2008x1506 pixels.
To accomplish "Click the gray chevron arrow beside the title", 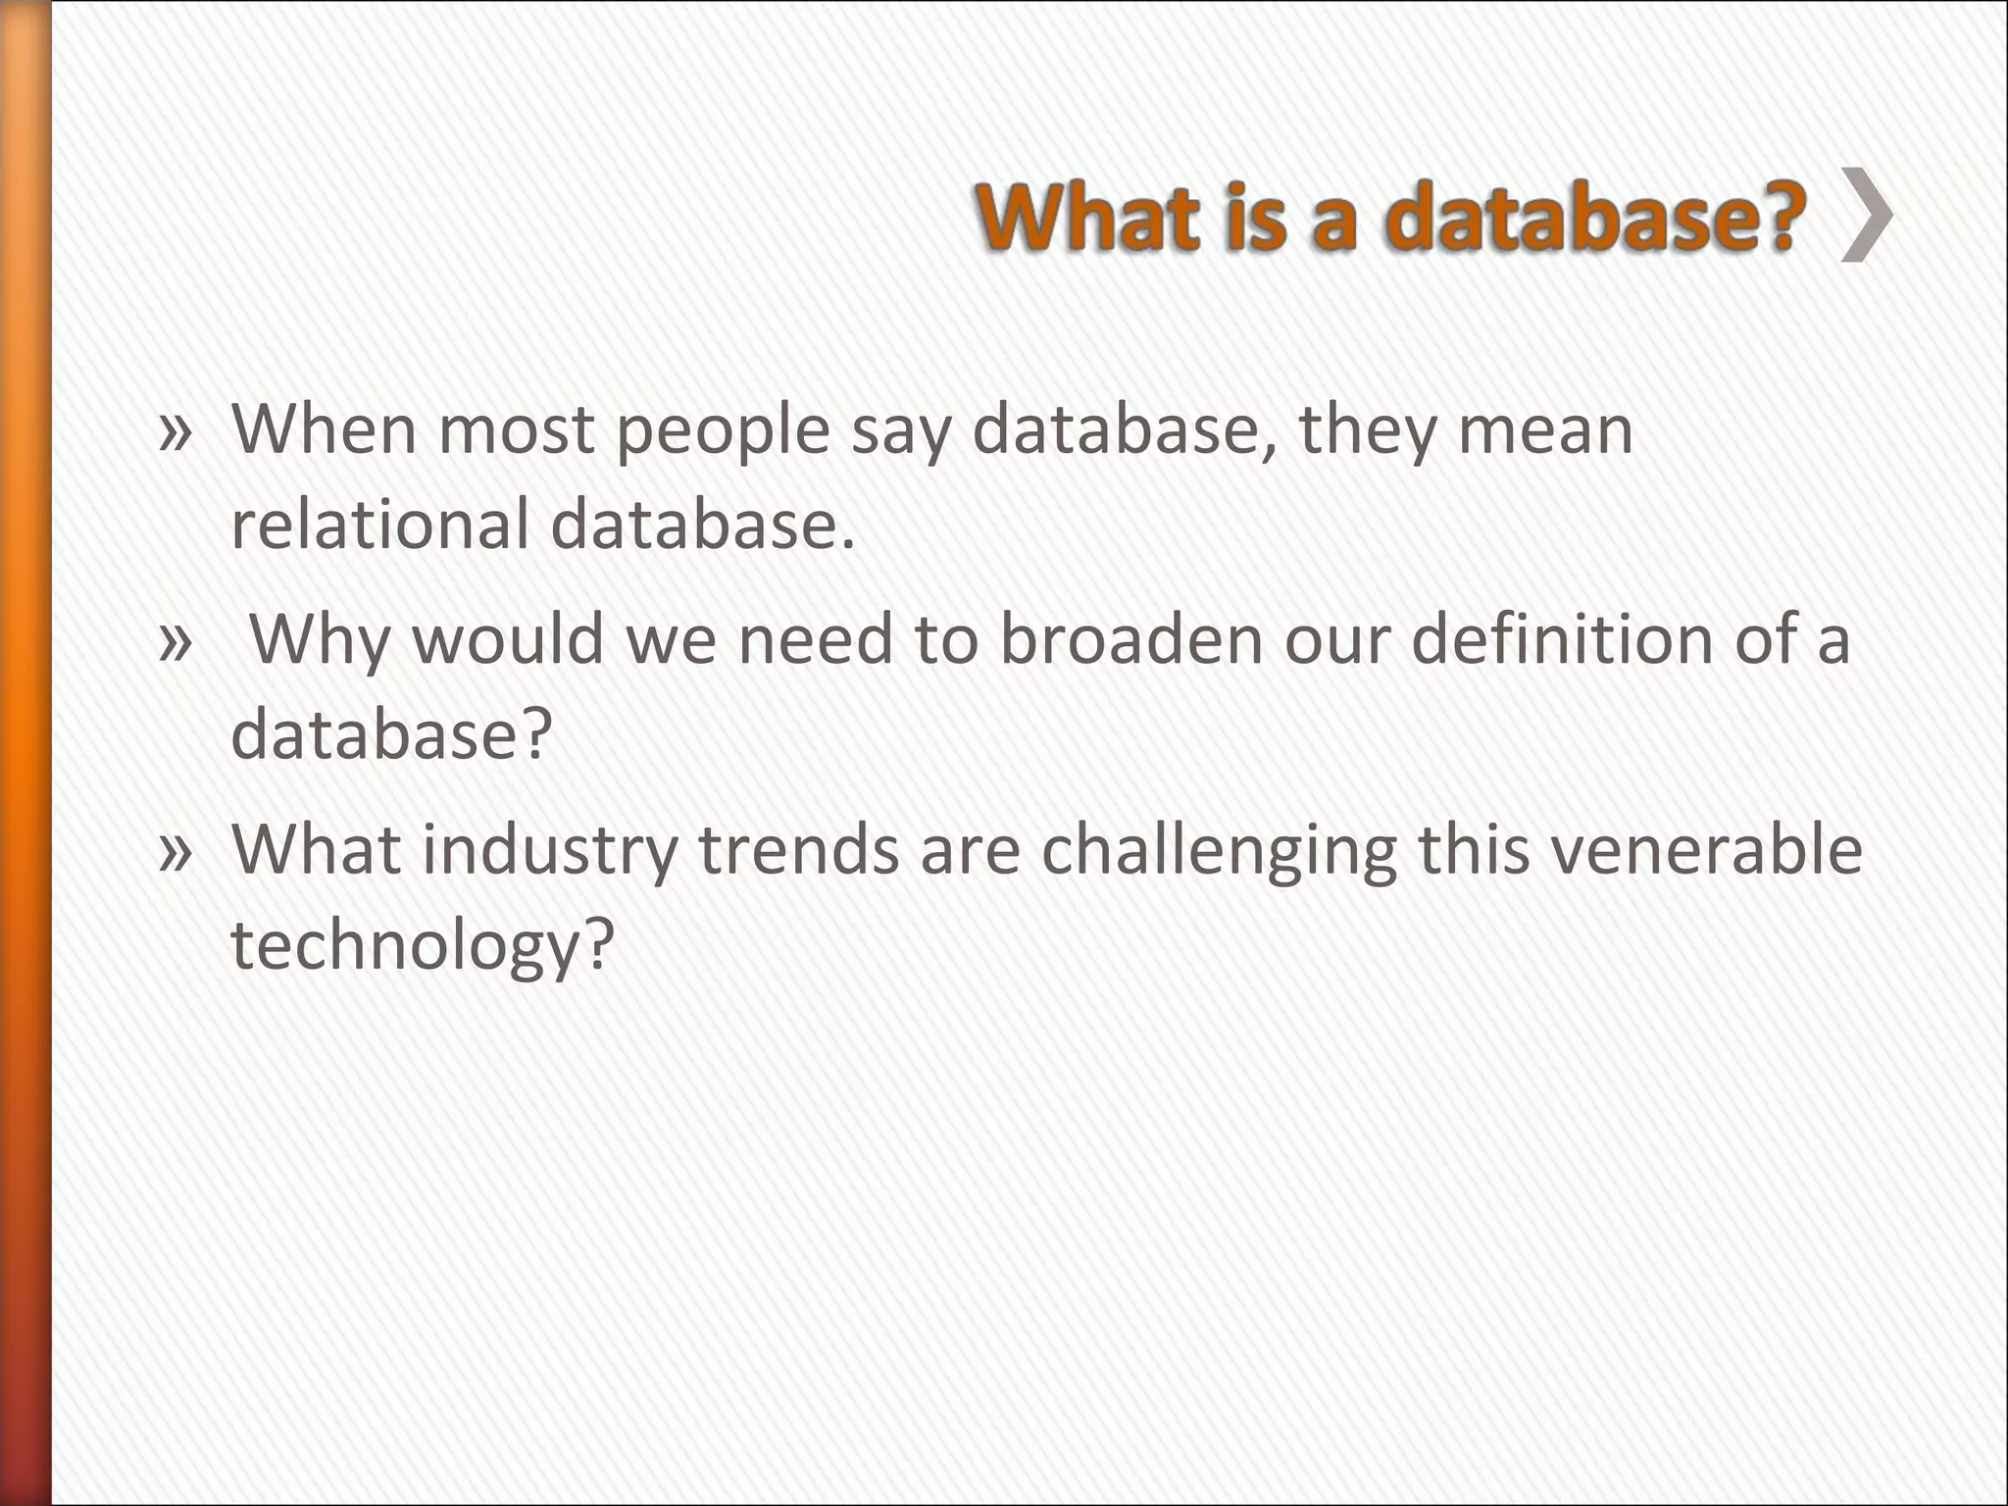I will pos(1867,215).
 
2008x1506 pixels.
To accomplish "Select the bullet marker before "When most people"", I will pos(175,432).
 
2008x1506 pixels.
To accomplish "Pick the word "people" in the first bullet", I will pos(724,431).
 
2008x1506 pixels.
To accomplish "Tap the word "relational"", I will pos(379,525).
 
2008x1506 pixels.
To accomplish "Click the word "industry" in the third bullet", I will pos(549,851).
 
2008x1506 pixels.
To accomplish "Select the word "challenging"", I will pos(1219,851).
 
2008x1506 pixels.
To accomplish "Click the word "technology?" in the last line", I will pos(422,945).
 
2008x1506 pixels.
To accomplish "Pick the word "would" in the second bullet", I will pos(507,639).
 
